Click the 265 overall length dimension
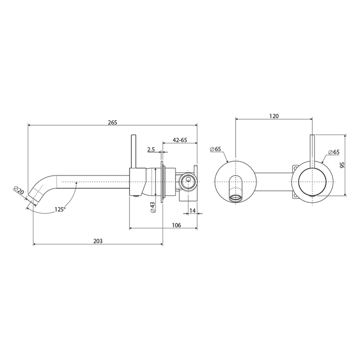112,122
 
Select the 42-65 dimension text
179,140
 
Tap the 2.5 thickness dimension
151,149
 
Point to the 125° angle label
60,209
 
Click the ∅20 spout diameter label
19,191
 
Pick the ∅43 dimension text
152,208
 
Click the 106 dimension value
176,225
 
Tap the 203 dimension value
98,241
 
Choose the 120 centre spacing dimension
274,116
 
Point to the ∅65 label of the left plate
216,149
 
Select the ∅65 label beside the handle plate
333,152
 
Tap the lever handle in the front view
312,150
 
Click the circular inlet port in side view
188,182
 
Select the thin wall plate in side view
162,182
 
